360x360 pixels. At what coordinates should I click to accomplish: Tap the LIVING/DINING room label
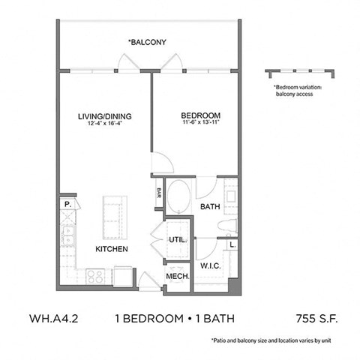click(105, 115)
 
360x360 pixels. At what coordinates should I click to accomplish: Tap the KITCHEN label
click(110, 249)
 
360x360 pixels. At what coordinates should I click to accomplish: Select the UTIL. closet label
click(178, 240)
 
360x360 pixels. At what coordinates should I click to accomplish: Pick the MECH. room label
click(177, 276)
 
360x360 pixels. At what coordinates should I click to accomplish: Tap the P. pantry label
click(66, 203)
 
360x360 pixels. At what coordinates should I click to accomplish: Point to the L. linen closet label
click(232, 244)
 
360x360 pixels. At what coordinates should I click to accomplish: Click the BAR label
click(159, 191)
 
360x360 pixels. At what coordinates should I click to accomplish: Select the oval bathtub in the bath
click(178, 196)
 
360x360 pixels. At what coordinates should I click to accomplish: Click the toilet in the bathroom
click(229, 226)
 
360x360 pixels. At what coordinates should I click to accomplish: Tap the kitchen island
click(115, 213)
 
